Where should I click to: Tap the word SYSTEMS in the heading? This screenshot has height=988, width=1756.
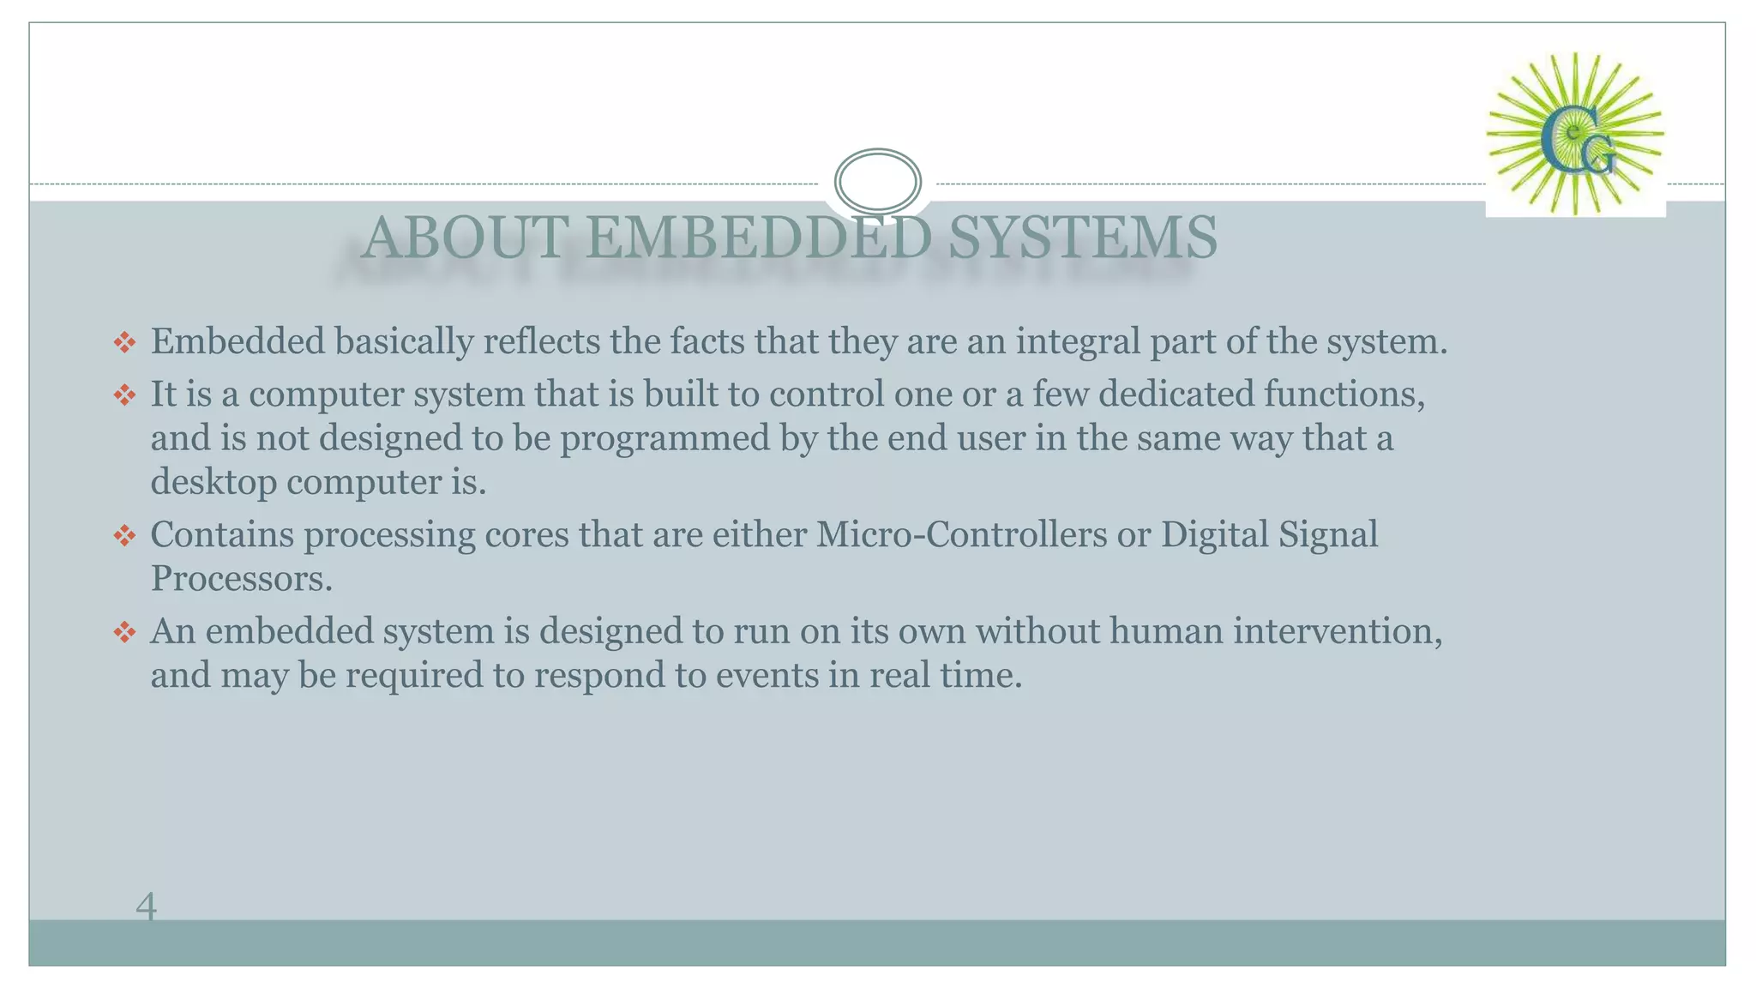pyautogui.click(x=1082, y=238)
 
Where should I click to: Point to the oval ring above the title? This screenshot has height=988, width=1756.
pyautogui.click(x=877, y=181)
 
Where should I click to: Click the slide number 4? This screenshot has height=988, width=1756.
pyautogui.click(x=146, y=907)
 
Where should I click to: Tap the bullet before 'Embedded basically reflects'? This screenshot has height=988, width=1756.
pyautogui.click(x=124, y=343)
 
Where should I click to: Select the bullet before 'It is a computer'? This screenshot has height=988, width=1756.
pyautogui.click(x=124, y=395)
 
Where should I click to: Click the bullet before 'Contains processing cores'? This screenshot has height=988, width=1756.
pyautogui.click(x=124, y=536)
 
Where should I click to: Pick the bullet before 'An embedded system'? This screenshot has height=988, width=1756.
pyautogui.click(x=124, y=633)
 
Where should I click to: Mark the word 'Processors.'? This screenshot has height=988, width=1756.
pyautogui.click(x=242, y=579)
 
